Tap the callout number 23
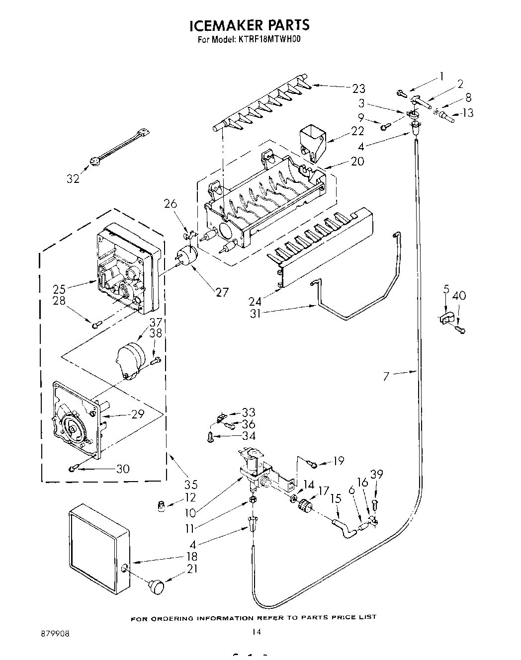coord(358,88)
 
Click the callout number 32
coord(73,178)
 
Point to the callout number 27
coord(222,292)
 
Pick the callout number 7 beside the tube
coord(386,376)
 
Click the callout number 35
coord(191,484)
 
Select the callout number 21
coord(192,570)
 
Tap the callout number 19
coord(338,461)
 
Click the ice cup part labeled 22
coord(312,142)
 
